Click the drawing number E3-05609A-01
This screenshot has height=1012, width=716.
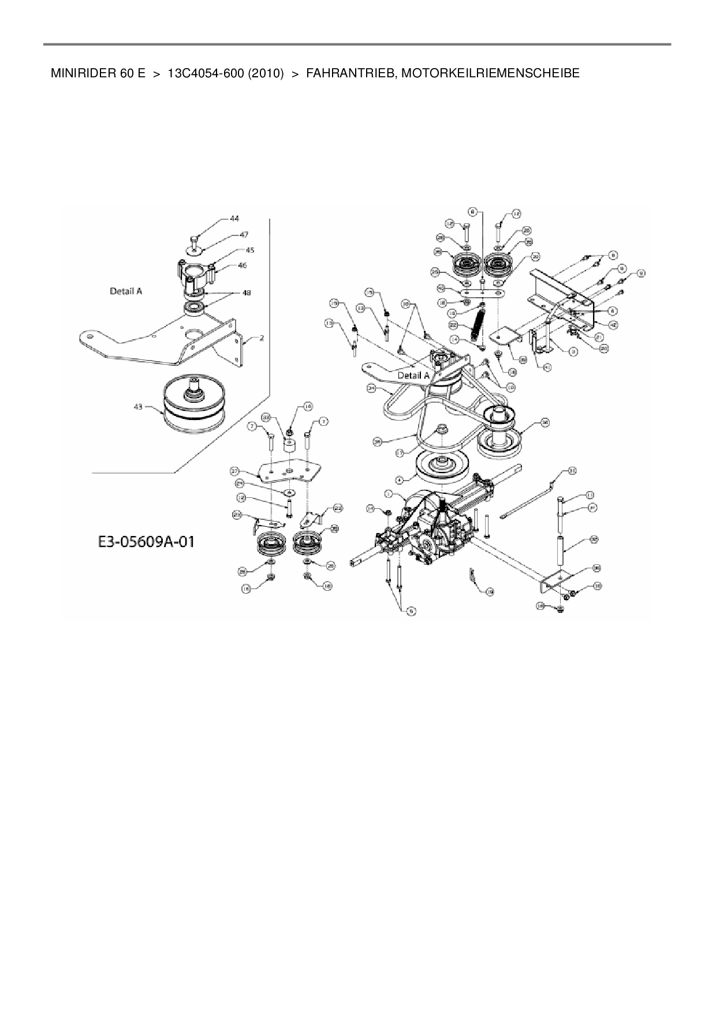pyautogui.click(x=145, y=542)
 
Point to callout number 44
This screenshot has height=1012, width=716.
pyautogui.click(x=234, y=219)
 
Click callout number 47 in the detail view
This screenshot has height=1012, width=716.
pyautogui.click(x=244, y=235)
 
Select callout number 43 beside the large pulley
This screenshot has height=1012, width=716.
pyautogui.click(x=137, y=407)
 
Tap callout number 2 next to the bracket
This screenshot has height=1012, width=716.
pyautogui.click(x=262, y=339)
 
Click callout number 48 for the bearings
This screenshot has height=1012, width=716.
pyautogui.click(x=247, y=293)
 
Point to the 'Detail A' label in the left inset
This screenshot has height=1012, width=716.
pyautogui.click(x=126, y=291)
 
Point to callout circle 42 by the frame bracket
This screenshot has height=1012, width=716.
pyautogui.click(x=613, y=325)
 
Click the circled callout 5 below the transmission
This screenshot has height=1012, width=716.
pyautogui.click(x=411, y=610)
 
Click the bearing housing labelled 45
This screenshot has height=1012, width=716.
pyautogui.click(x=196, y=273)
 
